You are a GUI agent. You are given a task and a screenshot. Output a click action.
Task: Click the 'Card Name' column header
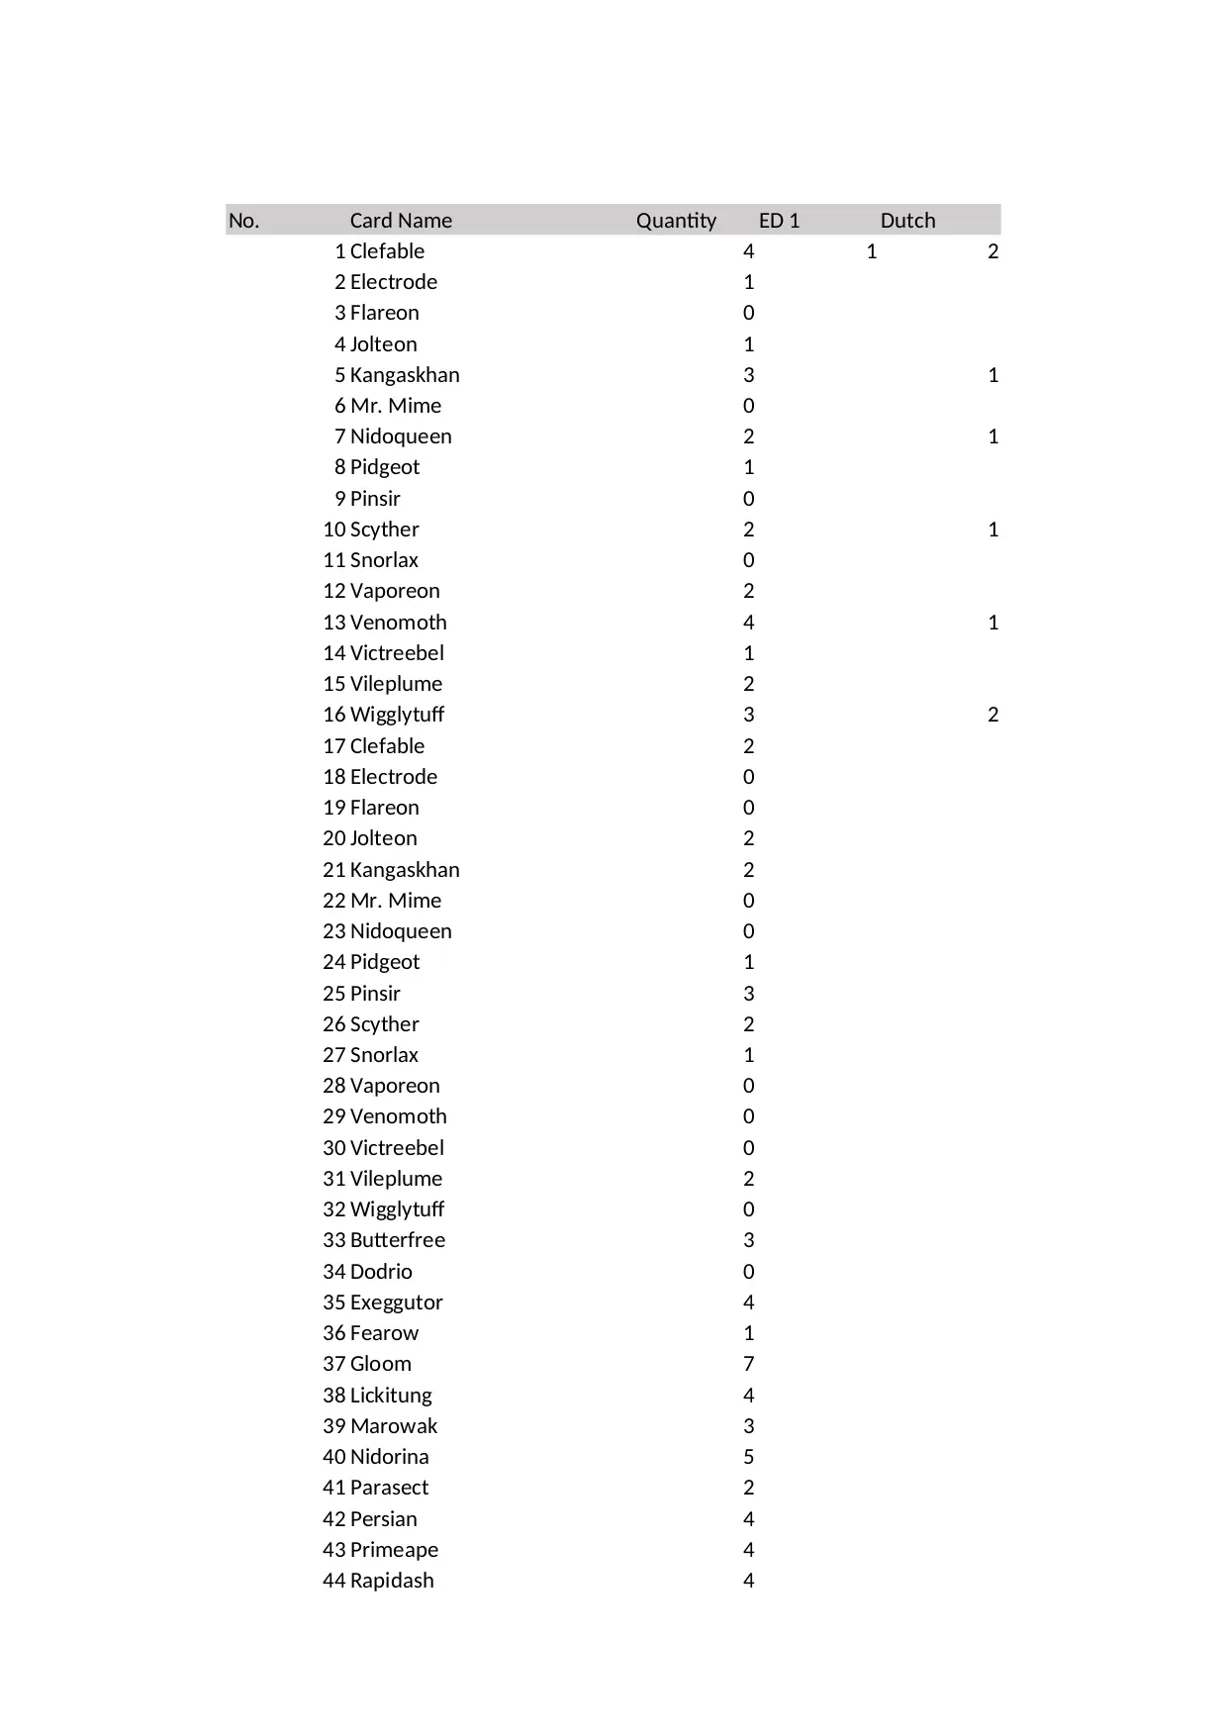(401, 220)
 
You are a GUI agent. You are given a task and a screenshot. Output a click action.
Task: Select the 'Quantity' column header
(676, 220)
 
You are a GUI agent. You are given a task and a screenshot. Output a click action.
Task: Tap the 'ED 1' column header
(779, 220)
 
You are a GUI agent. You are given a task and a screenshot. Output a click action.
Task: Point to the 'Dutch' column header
(907, 220)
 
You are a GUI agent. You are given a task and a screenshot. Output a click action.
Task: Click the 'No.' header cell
(244, 220)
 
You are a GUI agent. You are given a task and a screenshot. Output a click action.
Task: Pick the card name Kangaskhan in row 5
(405, 375)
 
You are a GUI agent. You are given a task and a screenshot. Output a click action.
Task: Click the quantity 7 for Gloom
(748, 1364)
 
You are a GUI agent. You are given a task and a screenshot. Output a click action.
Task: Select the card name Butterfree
(398, 1240)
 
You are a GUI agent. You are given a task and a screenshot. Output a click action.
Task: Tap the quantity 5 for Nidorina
(748, 1457)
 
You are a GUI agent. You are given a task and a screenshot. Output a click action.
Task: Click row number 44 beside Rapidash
(333, 1581)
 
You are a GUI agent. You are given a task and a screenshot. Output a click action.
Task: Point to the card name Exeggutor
(396, 1302)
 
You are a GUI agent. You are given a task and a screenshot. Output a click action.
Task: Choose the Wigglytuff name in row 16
(397, 715)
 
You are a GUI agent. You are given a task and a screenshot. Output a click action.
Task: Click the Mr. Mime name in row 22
(396, 901)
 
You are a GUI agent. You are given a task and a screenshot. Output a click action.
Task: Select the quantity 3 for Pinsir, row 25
(748, 994)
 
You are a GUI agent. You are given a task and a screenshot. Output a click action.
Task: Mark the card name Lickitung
(391, 1396)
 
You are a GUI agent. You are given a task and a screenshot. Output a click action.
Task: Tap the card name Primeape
(394, 1550)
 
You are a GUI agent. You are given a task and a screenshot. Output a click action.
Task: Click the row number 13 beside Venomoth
(333, 623)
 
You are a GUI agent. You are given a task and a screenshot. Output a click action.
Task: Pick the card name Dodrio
(381, 1272)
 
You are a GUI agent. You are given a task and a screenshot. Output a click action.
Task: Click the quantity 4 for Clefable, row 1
(748, 251)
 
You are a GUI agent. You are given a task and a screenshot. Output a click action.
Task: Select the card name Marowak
(394, 1426)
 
